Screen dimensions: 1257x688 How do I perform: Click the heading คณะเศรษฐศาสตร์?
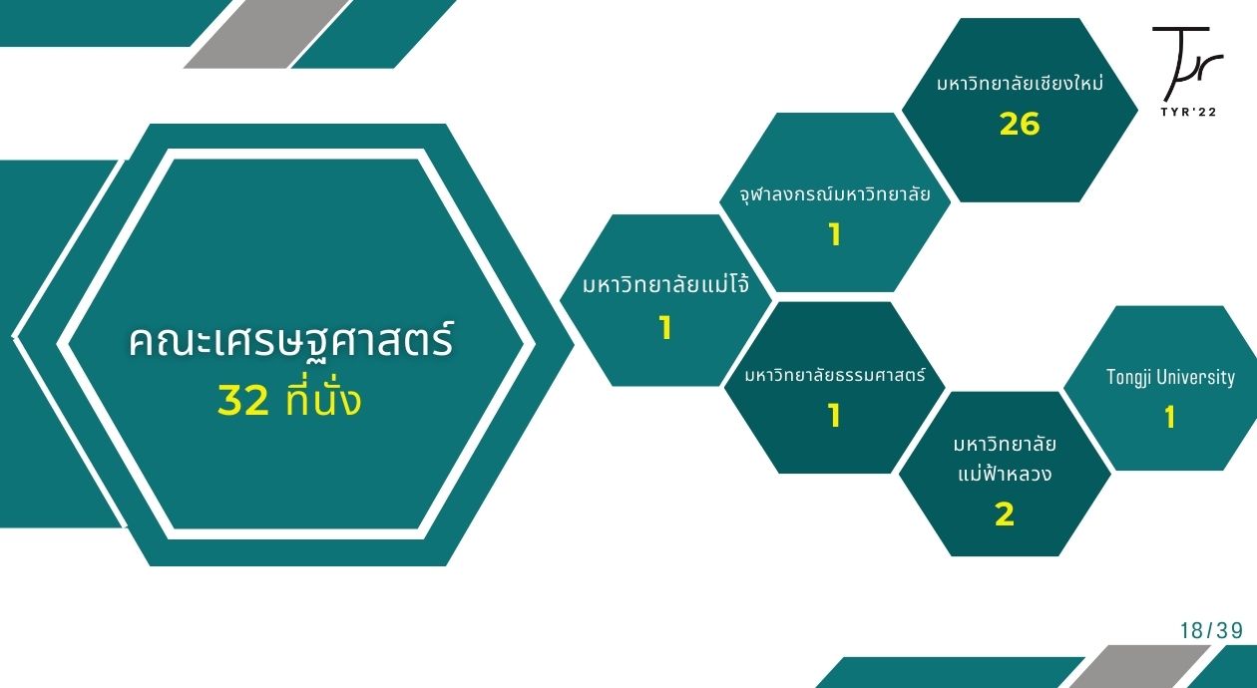coord(290,339)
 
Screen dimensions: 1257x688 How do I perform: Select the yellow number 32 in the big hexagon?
coord(243,401)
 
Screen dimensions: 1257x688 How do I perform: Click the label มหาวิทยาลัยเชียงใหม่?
coord(1020,84)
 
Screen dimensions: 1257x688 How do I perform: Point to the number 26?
coord(1020,124)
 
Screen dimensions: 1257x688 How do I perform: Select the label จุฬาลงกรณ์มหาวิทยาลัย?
coord(834,194)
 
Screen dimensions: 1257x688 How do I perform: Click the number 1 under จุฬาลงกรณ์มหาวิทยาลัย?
coord(835,234)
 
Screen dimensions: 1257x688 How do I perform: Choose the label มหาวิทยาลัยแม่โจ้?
coord(665,284)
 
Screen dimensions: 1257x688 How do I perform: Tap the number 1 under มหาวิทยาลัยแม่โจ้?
coord(665,328)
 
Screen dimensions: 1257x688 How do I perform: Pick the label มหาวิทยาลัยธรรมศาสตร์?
coord(834,374)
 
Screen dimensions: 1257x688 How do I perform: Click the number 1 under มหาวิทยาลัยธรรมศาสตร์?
coord(834,416)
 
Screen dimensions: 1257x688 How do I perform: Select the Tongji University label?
coord(1170,377)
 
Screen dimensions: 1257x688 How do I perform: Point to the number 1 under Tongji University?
coord(1170,417)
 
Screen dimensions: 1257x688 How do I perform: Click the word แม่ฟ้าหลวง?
coord(1005,474)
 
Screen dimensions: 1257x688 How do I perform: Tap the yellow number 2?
coord(1005,515)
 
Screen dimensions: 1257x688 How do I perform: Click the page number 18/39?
coord(1211,631)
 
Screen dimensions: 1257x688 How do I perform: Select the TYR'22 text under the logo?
coord(1188,112)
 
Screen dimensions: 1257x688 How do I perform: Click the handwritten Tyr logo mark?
coord(1187,64)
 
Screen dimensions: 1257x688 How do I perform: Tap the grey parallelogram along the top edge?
coord(266,34)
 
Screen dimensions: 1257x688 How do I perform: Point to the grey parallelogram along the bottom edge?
coord(1139,667)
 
